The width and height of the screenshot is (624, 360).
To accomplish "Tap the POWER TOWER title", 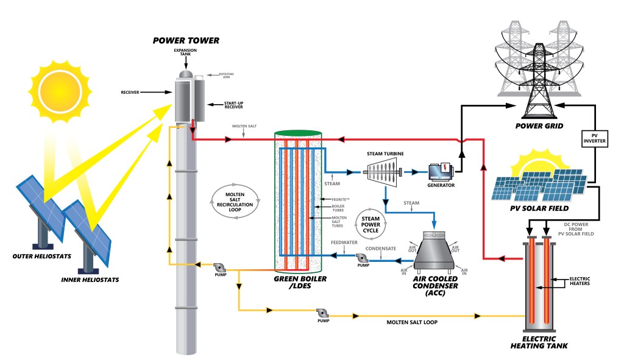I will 186,41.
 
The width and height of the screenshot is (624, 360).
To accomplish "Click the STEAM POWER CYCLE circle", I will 371,225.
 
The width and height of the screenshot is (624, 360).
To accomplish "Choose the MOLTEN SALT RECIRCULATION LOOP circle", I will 235,201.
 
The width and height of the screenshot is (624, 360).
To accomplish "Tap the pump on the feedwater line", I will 363,258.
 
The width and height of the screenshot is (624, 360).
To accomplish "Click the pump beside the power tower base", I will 219,267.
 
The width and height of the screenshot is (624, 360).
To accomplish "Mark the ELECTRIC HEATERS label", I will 578,281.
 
